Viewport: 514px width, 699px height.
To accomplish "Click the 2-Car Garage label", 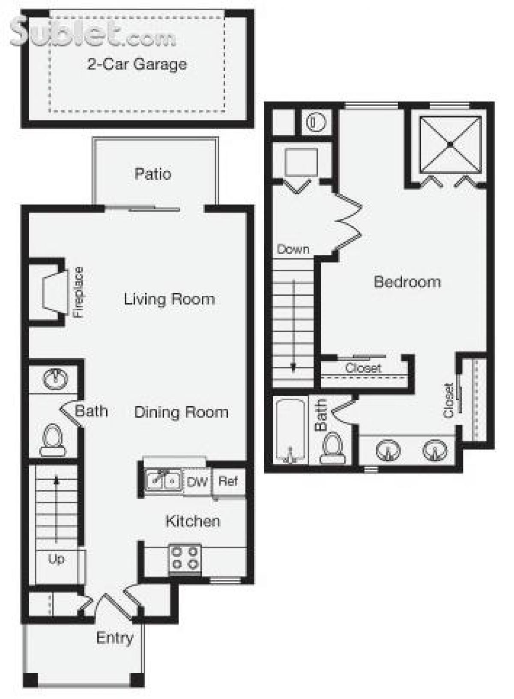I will tap(137, 64).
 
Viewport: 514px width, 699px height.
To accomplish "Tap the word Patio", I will tap(153, 174).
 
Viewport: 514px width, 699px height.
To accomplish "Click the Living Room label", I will tap(169, 298).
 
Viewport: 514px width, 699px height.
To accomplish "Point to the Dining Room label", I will tap(181, 412).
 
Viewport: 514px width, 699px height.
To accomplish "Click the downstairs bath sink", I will tap(55, 378).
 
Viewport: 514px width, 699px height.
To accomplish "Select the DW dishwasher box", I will tap(197, 482).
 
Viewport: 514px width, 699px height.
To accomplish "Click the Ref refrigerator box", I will tap(228, 481).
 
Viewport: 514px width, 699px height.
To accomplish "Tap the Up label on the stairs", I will tap(56, 559).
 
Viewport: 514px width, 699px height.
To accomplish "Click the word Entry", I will tap(115, 637).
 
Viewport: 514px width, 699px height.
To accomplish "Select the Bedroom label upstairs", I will tap(407, 281).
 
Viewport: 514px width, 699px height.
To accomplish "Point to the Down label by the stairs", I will tap(293, 249).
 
